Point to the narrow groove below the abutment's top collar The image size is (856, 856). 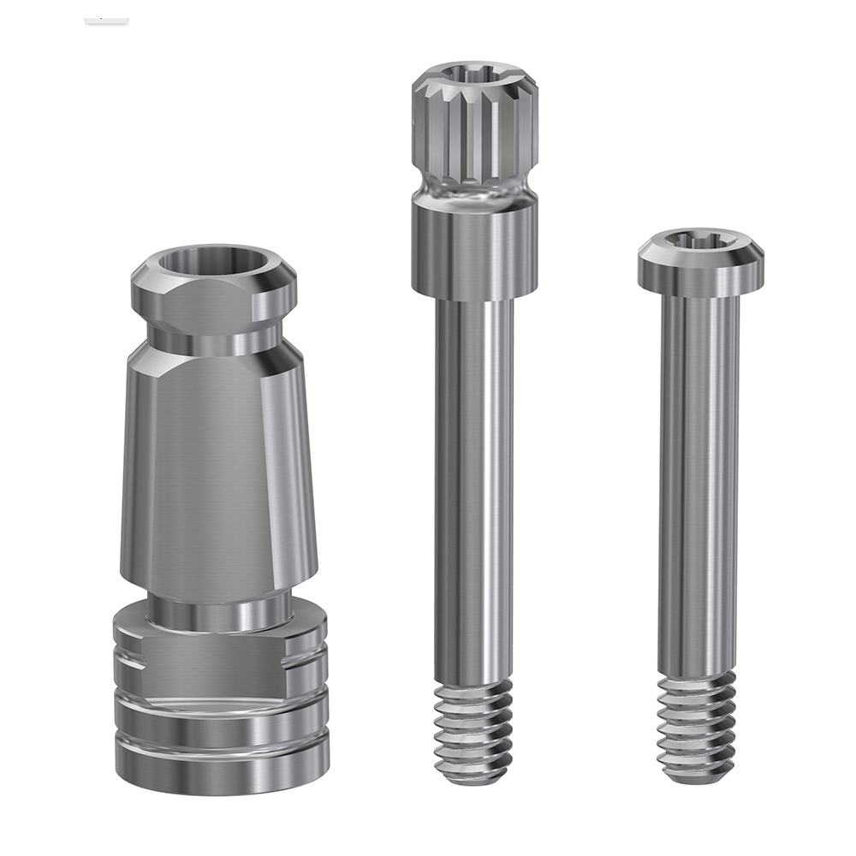(214, 330)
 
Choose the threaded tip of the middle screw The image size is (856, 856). (473, 732)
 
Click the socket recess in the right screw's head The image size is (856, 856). (700, 240)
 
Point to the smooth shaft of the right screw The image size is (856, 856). (698, 479)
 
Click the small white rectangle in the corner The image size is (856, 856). (106, 17)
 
